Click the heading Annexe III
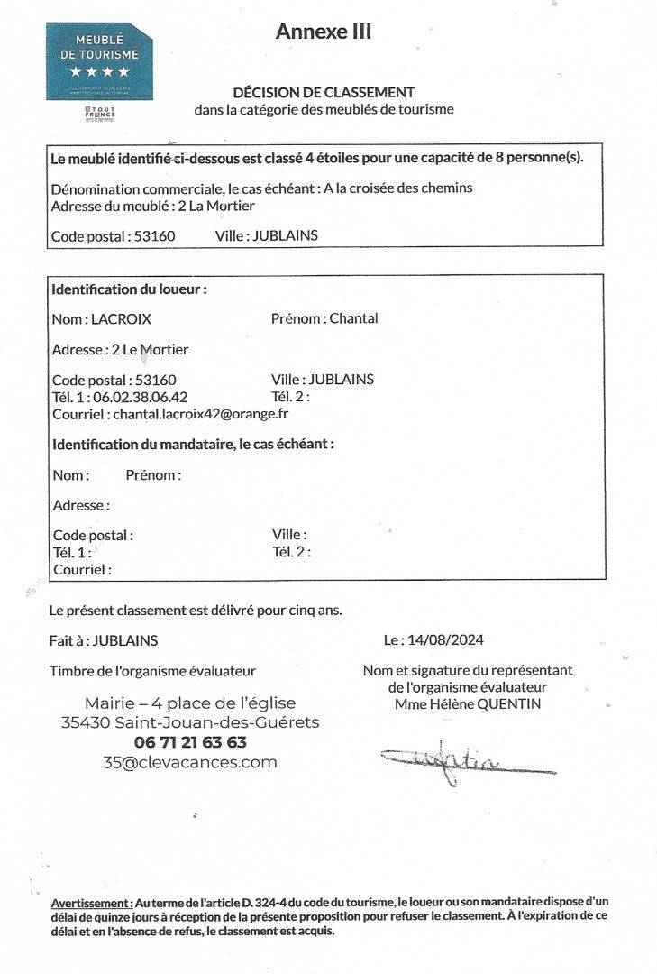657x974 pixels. pyautogui.click(x=324, y=32)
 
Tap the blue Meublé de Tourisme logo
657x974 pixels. pyautogui.click(x=99, y=60)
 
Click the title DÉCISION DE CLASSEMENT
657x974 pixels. pyautogui.click(x=324, y=92)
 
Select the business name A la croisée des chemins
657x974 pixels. pyautogui.click(x=398, y=188)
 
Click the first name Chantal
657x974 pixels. pyautogui.click(x=353, y=318)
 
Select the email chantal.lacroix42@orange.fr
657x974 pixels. pyautogui.click(x=199, y=414)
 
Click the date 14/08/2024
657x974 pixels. pyautogui.click(x=445, y=640)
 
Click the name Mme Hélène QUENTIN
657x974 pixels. pyautogui.click(x=468, y=703)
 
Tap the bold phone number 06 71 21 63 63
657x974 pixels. pyautogui.click(x=190, y=742)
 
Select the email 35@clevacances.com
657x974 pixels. pyautogui.click(x=190, y=762)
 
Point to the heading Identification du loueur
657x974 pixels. pyautogui.click(x=129, y=290)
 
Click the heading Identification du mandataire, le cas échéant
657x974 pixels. pyautogui.click(x=193, y=445)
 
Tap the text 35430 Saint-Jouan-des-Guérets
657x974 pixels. pyautogui.click(x=190, y=722)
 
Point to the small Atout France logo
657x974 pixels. pyautogui.click(x=99, y=114)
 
